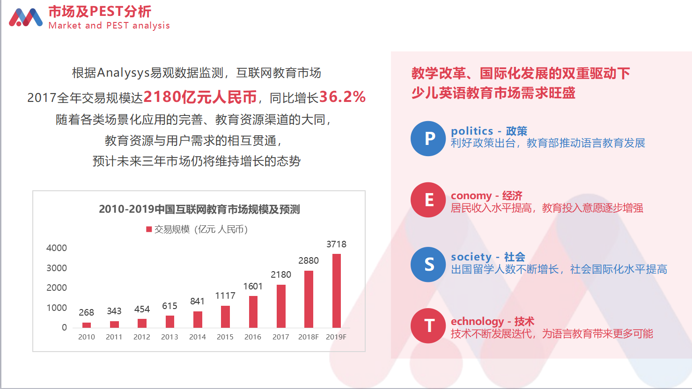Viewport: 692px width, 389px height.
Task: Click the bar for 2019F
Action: (x=337, y=291)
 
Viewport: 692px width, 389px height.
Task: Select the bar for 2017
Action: (x=281, y=306)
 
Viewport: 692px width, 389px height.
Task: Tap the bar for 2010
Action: (x=87, y=325)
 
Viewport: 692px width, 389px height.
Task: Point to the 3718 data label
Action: (x=337, y=245)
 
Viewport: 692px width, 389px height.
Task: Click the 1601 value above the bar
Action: (x=253, y=286)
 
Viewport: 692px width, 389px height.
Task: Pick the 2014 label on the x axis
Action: (x=198, y=337)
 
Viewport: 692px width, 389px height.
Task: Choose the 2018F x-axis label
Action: (x=309, y=337)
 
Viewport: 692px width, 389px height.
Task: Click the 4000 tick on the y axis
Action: (x=57, y=248)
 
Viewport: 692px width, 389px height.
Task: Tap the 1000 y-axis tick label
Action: (x=57, y=308)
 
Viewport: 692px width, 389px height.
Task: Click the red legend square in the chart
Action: (x=149, y=229)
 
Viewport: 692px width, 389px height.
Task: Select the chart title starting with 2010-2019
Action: (x=199, y=209)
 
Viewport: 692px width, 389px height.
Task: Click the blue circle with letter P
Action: (x=428, y=138)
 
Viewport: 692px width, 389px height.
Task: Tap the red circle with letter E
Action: (x=428, y=200)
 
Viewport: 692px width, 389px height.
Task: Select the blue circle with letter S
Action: (x=428, y=264)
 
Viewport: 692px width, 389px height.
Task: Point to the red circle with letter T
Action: (x=428, y=326)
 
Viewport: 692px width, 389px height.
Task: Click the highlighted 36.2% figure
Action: (x=342, y=97)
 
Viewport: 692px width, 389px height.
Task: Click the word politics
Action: (x=472, y=131)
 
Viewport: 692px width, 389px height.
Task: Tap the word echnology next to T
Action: (x=477, y=322)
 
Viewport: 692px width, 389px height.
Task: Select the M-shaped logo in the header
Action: (x=26, y=17)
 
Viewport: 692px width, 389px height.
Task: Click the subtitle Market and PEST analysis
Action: (x=109, y=25)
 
